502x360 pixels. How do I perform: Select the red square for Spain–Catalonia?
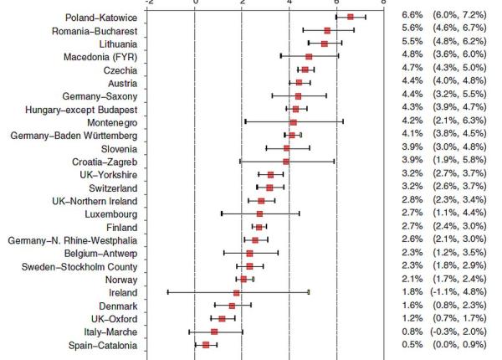point(206,345)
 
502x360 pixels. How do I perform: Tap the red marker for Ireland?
point(236,292)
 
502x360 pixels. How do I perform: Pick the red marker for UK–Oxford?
point(222,319)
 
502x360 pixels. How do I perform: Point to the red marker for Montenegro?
point(293,122)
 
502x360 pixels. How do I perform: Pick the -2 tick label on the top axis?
point(147,3)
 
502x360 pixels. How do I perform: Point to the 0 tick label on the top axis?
point(195,3)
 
